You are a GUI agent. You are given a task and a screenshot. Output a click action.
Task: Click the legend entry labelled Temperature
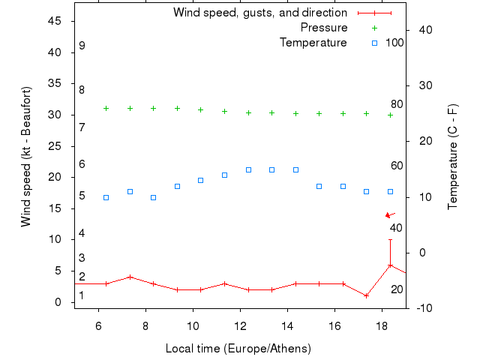coord(313,43)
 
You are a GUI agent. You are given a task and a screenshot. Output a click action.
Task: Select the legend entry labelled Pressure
coord(323,28)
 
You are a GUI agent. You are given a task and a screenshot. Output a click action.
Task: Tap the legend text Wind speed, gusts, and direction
coord(259,13)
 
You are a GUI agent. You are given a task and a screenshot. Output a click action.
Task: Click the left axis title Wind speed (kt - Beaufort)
coord(26,157)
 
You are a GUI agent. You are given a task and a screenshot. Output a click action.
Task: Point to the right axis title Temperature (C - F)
coord(452,157)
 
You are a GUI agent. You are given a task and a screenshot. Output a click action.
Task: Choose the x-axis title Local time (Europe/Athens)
coord(238,349)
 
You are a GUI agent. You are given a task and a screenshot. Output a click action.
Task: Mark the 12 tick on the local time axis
coord(241,325)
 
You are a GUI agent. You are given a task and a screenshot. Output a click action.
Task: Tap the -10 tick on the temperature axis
coord(421,307)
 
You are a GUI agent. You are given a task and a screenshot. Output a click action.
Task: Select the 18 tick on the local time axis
coord(382,325)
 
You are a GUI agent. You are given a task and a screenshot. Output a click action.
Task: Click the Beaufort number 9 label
coord(82,46)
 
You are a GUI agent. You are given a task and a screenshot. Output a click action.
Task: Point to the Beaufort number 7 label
coord(82,127)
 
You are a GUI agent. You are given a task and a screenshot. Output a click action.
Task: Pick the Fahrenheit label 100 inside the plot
coord(394,43)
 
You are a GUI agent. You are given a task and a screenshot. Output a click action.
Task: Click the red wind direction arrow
coord(390,215)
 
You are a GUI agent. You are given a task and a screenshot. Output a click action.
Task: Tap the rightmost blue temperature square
coord(390,191)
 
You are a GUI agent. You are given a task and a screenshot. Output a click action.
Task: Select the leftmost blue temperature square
coord(106,197)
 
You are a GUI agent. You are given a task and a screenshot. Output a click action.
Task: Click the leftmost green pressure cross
coord(106,108)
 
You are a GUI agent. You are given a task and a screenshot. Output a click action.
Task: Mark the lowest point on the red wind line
coord(367,295)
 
